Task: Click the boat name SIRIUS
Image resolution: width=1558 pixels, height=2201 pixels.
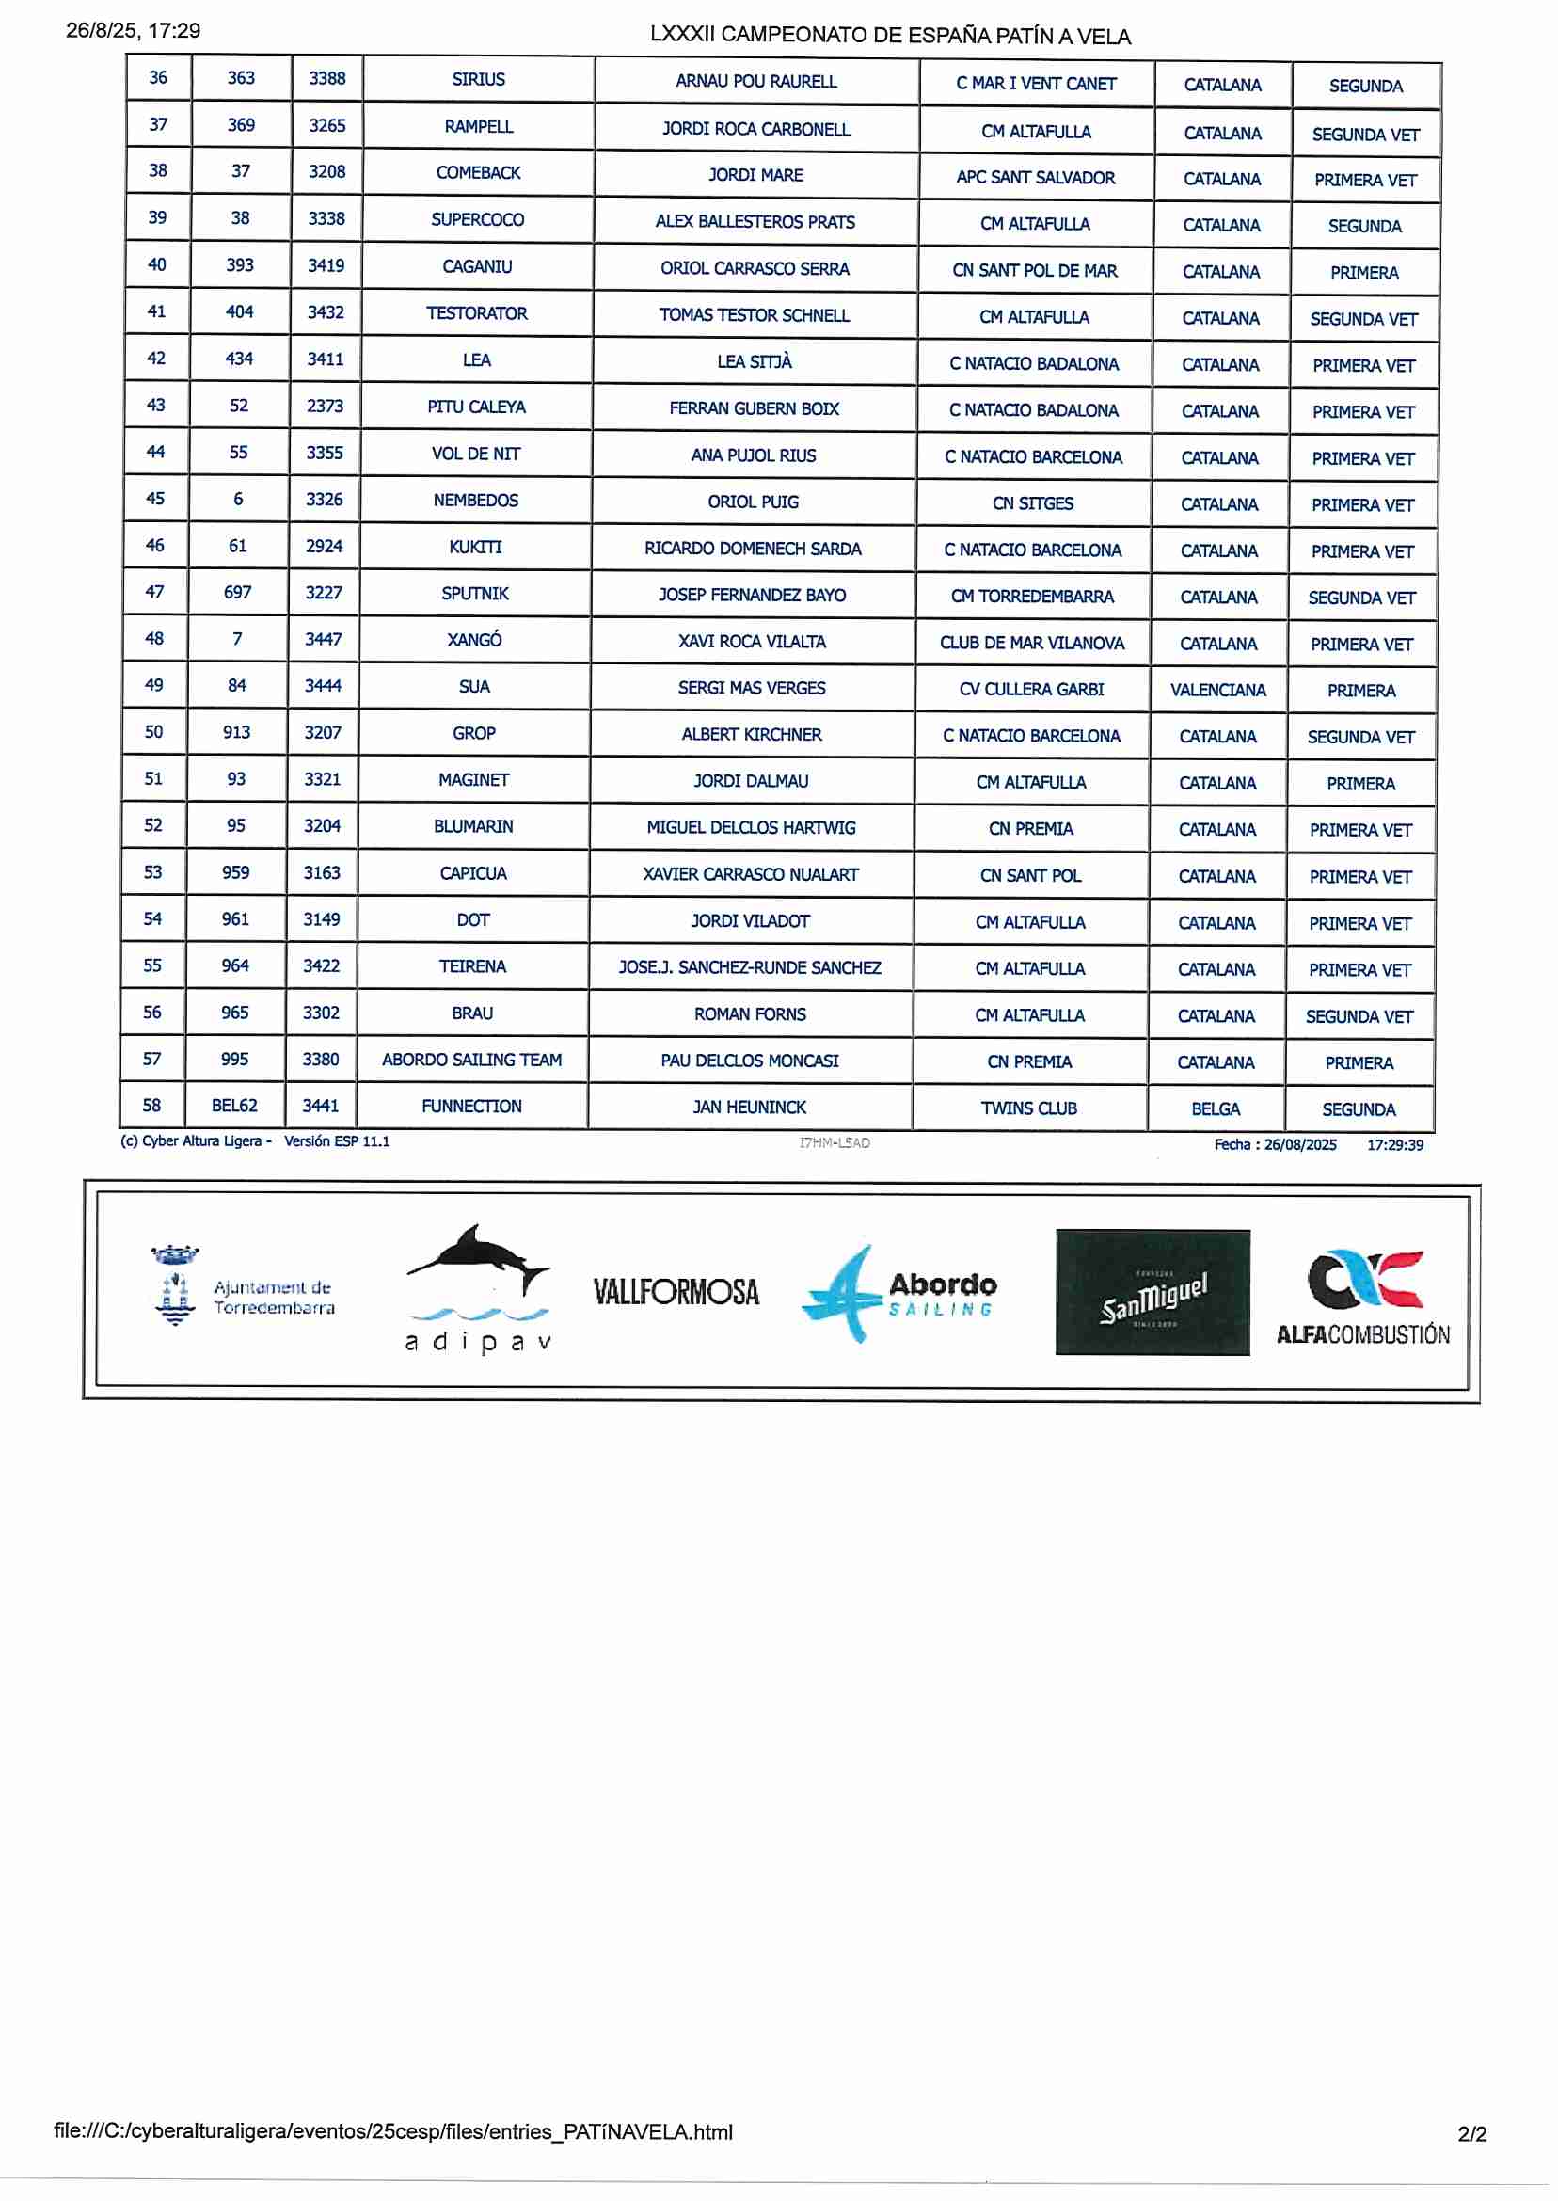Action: [x=478, y=80]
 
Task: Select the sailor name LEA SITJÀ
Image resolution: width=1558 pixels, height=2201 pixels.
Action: [x=754, y=361]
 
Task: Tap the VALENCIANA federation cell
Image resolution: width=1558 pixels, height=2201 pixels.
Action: [x=1217, y=690]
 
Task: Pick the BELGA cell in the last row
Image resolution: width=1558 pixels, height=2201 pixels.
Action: [x=1216, y=1109]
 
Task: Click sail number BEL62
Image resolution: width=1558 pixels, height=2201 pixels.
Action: [x=235, y=1106]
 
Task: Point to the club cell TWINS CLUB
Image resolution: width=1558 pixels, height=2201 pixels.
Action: [x=1028, y=1108]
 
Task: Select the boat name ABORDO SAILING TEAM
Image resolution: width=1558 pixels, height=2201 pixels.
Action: [x=472, y=1060]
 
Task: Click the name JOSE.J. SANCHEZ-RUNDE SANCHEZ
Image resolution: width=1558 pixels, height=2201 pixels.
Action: [x=749, y=967]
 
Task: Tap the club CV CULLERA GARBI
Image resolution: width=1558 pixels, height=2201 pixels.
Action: [x=1031, y=689]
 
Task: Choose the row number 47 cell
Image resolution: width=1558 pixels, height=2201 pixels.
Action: [x=154, y=592]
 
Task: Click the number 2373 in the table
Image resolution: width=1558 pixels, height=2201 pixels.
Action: [x=326, y=406]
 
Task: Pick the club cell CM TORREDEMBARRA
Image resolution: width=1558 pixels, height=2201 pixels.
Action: [x=1032, y=596]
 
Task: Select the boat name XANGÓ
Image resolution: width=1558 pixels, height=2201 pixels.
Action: [x=474, y=640]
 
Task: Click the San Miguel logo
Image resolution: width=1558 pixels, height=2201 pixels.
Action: [x=1153, y=1291]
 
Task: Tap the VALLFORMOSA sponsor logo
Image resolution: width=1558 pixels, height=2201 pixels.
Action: [x=676, y=1292]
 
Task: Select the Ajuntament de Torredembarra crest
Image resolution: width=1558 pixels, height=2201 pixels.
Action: [x=176, y=1284]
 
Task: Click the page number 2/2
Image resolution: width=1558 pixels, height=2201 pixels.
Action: [x=1471, y=2134]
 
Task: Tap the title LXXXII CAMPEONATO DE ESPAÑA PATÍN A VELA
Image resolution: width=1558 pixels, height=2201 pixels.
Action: [x=890, y=36]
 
